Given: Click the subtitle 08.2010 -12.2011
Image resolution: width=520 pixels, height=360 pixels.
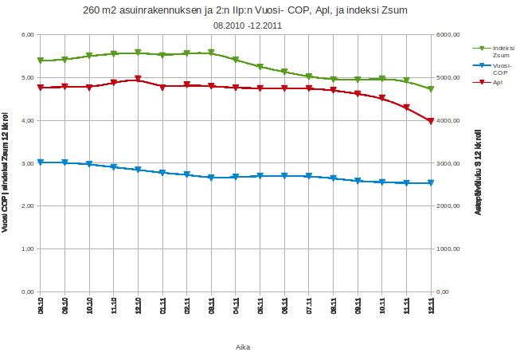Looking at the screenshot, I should click(248, 25).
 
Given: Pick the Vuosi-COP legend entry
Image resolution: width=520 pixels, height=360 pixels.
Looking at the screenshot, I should click(502, 69).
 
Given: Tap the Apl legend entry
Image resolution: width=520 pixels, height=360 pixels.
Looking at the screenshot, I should click(497, 82).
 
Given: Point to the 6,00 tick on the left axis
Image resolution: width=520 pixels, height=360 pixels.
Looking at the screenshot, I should click(25, 35).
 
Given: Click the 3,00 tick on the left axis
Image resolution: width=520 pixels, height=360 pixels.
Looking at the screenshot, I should click(25, 163).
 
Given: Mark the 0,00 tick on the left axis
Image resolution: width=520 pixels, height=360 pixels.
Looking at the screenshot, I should click(25, 292).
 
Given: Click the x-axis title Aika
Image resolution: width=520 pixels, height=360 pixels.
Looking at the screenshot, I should click(244, 346).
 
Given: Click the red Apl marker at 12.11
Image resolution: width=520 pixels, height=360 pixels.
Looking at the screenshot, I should click(431, 121).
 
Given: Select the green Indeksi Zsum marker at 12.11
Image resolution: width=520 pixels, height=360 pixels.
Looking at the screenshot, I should click(431, 89).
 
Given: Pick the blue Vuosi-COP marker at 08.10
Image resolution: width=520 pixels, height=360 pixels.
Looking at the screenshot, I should click(41, 162).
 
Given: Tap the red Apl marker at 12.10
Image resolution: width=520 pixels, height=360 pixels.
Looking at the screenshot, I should click(138, 79).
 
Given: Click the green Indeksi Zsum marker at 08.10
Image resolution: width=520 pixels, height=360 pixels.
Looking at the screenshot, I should click(41, 61).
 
